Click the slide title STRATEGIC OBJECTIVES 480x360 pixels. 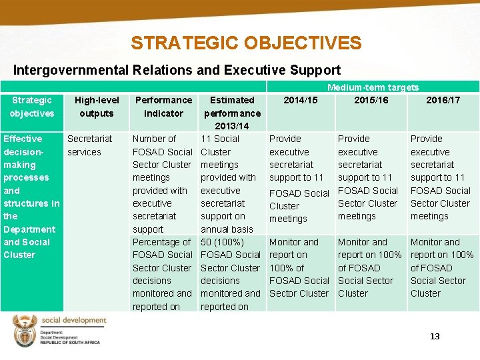(x=246, y=43)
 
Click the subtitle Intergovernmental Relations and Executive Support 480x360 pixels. (x=177, y=70)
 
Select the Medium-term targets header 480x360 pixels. (x=373, y=87)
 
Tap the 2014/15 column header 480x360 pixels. (x=300, y=100)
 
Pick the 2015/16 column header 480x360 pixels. (x=371, y=100)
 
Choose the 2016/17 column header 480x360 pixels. (x=443, y=100)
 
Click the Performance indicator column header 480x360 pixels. (x=163, y=107)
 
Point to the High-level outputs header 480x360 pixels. (x=97, y=107)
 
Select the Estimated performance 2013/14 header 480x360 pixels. (x=232, y=113)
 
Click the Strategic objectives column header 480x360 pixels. (x=31, y=107)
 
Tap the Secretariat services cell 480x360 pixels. (x=84, y=145)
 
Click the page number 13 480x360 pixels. (x=435, y=337)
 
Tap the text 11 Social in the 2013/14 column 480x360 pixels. (x=220, y=139)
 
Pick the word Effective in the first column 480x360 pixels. (x=23, y=139)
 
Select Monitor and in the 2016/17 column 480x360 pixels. (x=435, y=242)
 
